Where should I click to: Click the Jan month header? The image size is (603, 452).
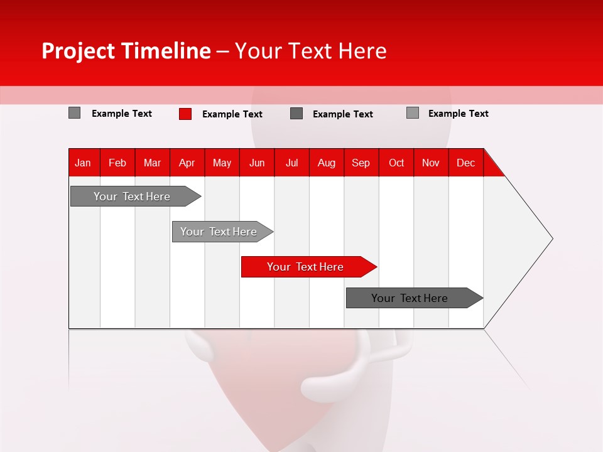pos(83,163)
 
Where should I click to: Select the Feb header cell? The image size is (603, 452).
pos(117,163)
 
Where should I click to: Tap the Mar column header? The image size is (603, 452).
pos(152,163)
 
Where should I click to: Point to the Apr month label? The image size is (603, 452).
pos(187,163)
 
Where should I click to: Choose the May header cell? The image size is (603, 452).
pos(222,163)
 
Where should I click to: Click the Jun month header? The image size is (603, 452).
pos(257,163)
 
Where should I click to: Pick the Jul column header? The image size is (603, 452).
pos(291,163)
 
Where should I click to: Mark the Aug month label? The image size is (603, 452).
pos(327,163)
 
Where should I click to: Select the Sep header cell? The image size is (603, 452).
pos(361,163)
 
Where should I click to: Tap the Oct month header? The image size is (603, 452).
pos(396,163)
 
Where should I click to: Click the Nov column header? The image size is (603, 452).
pos(431,163)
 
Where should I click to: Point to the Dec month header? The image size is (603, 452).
pos(466,163)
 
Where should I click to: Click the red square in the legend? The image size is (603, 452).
pos(185,114)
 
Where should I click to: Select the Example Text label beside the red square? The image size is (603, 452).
pos(232,114)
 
